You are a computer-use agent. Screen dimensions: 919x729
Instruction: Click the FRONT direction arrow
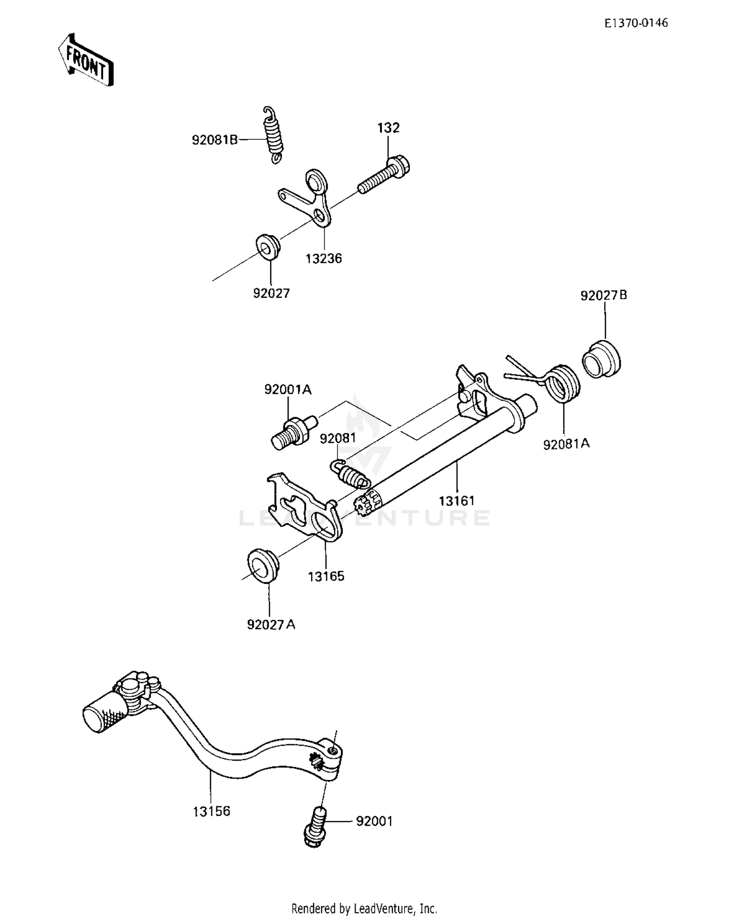click(86, 60)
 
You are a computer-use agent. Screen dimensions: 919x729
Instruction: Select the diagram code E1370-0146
click(636, 23)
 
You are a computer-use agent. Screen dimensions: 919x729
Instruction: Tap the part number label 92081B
click(215, 140)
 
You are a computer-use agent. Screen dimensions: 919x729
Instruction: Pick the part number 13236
click(324, 258)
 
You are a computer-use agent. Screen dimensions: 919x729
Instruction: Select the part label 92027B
click(604, 295)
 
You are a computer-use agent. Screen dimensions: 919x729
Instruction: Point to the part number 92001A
click(288, 390)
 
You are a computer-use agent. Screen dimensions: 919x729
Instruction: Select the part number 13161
click(456, 500)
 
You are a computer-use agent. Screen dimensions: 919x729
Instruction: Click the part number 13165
click(326, 576)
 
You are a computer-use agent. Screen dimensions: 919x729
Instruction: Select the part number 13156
click(211, 811)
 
